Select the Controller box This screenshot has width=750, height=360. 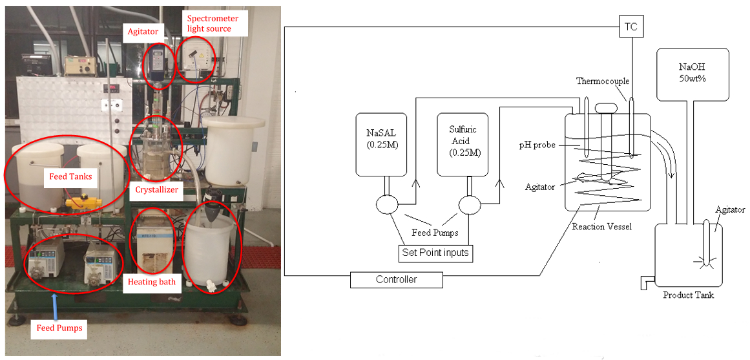pos(397,280)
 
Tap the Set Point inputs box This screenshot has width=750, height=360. pos(436,253)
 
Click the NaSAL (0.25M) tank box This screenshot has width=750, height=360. pos(381,144)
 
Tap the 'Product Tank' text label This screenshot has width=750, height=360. pos(688,295)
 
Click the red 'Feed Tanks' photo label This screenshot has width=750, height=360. pos(71,176)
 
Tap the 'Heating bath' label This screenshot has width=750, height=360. pos(152,282)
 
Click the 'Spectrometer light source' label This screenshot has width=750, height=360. pos(212,23)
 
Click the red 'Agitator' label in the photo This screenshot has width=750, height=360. pos(143,33)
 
